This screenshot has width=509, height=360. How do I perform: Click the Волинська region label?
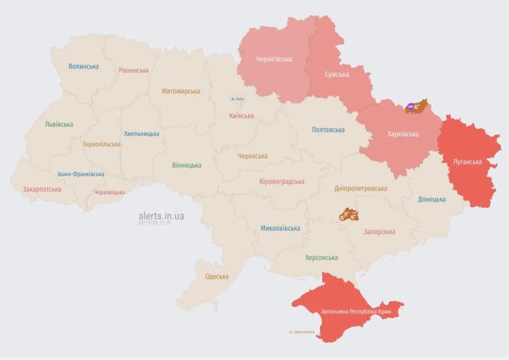tap(83, 66)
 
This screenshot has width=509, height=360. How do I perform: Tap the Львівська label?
tap(59, 124)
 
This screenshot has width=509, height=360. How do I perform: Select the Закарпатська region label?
tap(42, 189)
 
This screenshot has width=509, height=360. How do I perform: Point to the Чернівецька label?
tap(110, 192)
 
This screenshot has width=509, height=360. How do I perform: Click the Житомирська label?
tap(180, 91)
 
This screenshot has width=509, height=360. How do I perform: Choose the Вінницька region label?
tap(186, 165)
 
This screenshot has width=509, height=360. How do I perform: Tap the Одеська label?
tap(216, 277)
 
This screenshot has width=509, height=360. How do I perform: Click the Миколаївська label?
tap(280, 228)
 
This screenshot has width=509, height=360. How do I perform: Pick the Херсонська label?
tap(321, 257)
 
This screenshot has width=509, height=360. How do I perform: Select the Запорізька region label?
tap(380, 231)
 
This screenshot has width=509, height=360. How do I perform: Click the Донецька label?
tap(431, 199)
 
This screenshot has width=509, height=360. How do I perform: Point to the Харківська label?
tap(403, 134)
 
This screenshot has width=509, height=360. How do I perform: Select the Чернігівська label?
tap(274, 59)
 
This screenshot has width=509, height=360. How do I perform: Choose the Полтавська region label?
tap(328, 129)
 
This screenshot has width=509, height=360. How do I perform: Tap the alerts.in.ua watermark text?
tap(161, 216)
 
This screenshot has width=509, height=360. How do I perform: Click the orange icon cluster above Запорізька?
tap(349, 214)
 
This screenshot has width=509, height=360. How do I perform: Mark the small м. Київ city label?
tap(237, 99)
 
